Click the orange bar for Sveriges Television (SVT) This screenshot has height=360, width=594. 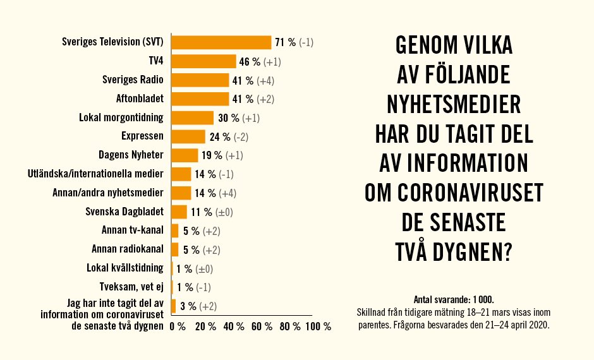click(221, 42)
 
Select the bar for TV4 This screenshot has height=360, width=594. click(203, 61)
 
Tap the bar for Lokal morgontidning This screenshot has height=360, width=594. click(192, 118)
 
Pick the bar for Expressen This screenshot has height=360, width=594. click(188, 136)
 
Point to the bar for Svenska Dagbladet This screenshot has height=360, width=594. click(179, 212)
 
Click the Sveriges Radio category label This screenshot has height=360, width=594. click(133, 80)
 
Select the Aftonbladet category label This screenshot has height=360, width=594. click(140, 99)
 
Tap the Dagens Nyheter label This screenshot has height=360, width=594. click(131, 155)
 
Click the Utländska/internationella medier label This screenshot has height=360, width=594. click(96, 174)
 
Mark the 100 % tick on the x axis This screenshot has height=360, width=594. click(318, 327)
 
